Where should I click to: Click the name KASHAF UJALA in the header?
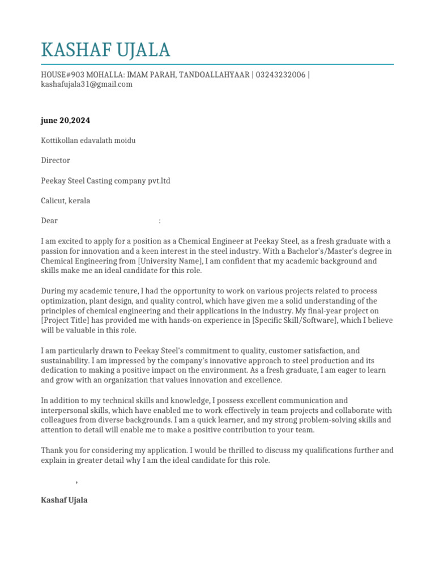coord(105,50)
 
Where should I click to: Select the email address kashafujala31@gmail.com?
coord(87,84)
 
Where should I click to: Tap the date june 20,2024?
coord(65,121)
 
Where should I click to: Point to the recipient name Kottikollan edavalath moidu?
coord(88,140)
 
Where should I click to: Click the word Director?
coord(56,161)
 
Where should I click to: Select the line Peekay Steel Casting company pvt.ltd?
coord(105,181)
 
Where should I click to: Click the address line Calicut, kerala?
coord(65,201)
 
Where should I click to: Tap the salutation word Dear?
coord(49,221)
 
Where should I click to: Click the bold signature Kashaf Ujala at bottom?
coord(64,501)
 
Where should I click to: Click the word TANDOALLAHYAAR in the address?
coord(214,75)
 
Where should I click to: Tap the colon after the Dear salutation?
coord(160,221)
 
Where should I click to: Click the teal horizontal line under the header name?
coord(217,65)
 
